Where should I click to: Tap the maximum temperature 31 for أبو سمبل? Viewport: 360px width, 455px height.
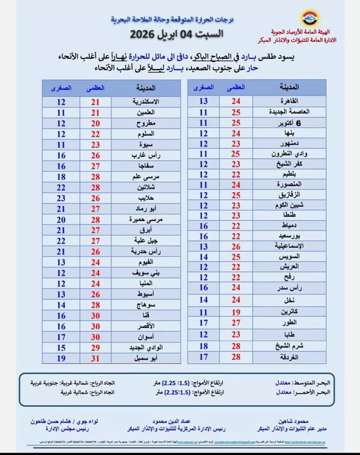pyautogui.click(x=95, y=358)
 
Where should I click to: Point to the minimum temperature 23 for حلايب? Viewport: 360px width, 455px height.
pyautogui.click(x=61, y=197)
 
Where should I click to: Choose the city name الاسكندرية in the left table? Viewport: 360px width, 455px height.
pyautogui.click(x=144, y=101)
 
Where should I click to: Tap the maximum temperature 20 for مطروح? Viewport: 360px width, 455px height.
pyautogui.click(x=95, y=122)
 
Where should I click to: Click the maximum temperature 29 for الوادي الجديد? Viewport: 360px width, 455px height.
pyautogui.click(x=95, y=348)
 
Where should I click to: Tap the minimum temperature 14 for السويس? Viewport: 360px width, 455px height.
pyautogui.click(x=203, y=256)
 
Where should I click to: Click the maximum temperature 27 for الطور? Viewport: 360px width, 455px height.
pyautogui.click(x=236, y=322)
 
